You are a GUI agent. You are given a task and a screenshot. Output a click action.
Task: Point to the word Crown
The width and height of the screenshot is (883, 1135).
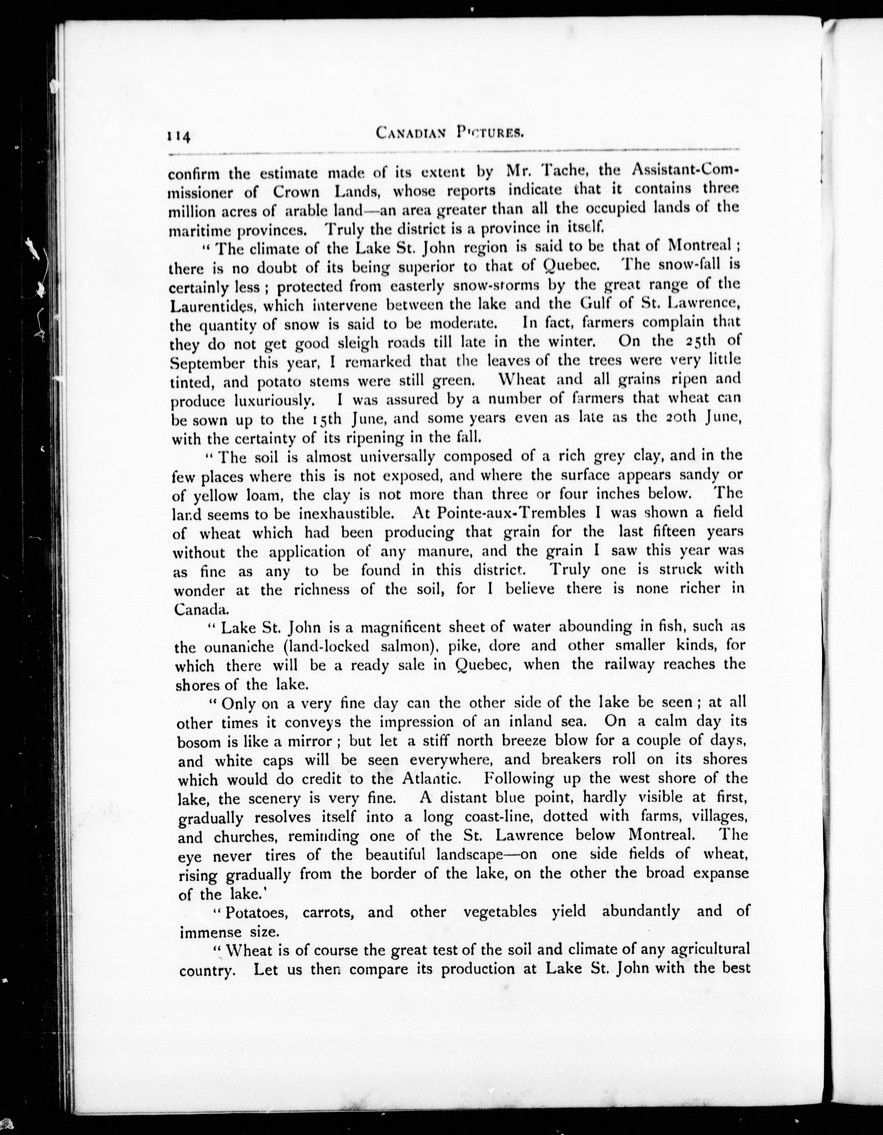(x=296, y=192)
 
